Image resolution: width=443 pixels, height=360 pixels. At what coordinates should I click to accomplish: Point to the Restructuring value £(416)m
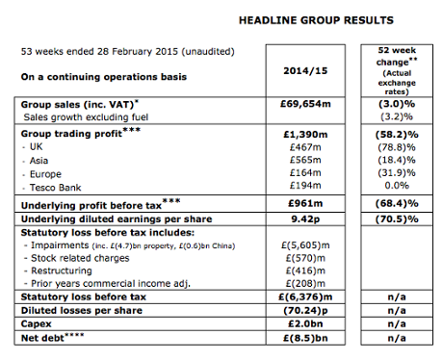(x=302, y=272)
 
